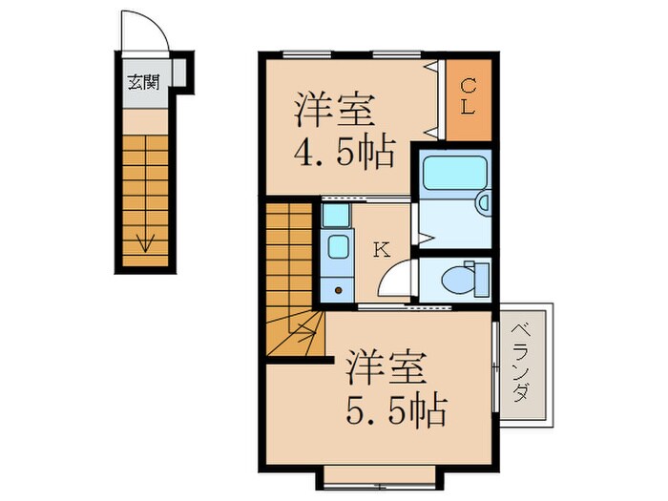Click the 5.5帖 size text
(x=394, y=410)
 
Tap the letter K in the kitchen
(x=380, y=251)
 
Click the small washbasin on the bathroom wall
(x=483, y=202)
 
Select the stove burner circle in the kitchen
(x=337, y=289)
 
